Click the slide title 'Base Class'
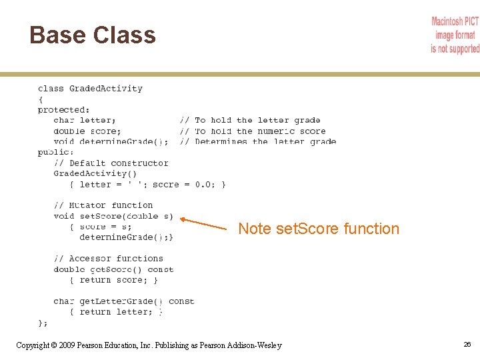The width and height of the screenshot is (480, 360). [x=93, y=35]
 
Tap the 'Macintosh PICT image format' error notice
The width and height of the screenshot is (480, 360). [x=455, y=35]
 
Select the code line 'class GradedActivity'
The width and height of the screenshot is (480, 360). [x=90, y=88]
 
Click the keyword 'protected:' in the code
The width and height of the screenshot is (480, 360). [x=64, y=109]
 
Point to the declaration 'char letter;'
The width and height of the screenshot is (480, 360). [x=84, y=120]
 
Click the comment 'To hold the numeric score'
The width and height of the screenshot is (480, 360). [x=260, y=131]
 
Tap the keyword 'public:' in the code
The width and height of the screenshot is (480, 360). [x=56, y=152]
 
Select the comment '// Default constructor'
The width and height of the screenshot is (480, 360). [x=111, y=163]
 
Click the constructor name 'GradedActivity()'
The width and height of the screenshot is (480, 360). [x=95, y=173]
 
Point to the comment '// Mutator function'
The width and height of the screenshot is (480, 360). [x=103, y=205]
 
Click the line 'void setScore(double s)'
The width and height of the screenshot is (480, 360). [x=113, y=216]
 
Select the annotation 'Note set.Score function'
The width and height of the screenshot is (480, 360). [x=319, y=229]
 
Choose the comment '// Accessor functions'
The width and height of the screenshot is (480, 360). [x=109, y=259]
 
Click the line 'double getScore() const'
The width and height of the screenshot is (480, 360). [x=113, y=269]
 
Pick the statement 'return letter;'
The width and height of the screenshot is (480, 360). [x=120, y=312]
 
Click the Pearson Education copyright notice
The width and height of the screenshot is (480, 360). [x=149, y=345]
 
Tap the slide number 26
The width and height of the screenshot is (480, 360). [x=467, y=344]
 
